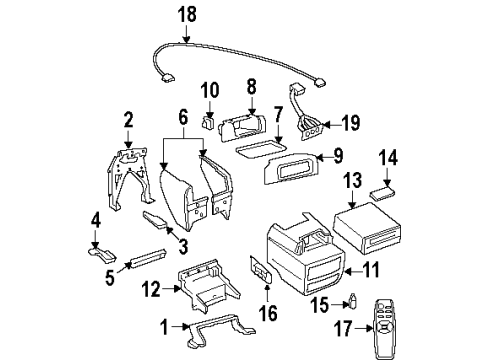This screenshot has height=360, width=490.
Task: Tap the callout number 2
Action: click(x=128, y=121)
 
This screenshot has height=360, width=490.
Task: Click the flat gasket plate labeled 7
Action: click(x=265, y=146)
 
